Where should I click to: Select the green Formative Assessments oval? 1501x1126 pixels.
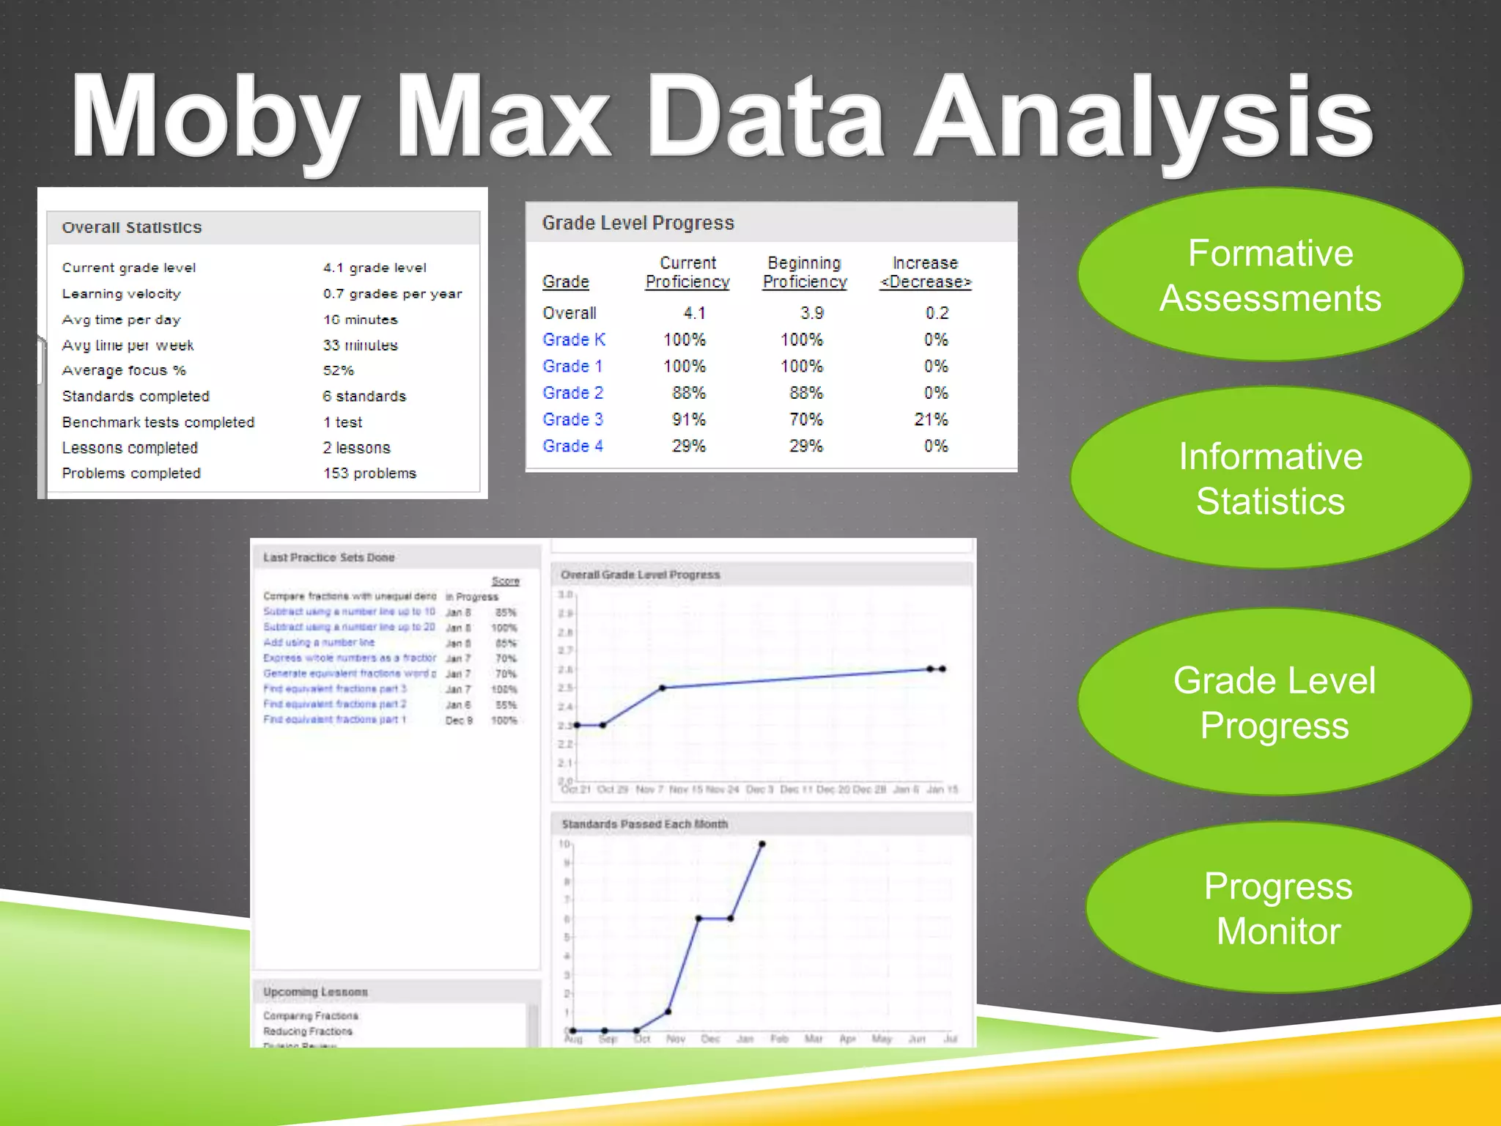(1270, 275)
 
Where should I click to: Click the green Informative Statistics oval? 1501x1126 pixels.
(1270, 478)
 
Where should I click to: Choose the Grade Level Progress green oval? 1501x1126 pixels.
(1274, 702)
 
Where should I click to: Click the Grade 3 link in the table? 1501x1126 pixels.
(572, 419)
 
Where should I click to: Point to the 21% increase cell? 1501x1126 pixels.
(931, 419)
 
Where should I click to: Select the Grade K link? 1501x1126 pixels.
(573, 339)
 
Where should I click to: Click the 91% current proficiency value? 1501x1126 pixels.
(688, 419)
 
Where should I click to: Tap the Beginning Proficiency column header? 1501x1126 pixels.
(804, 272)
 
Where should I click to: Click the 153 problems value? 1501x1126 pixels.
(369, 473)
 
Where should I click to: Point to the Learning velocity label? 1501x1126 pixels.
(121, 293)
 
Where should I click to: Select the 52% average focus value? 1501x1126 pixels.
(338, 370)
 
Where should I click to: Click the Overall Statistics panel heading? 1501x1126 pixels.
(132, 227)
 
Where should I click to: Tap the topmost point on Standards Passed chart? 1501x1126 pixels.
(762, 844)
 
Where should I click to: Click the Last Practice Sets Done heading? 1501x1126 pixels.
(328, 557)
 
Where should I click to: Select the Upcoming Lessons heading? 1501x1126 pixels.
(315, 992)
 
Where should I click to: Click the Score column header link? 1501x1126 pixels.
(505, 581)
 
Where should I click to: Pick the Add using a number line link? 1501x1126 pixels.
(318, 642)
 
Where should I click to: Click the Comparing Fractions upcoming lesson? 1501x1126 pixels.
(311, 1015)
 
